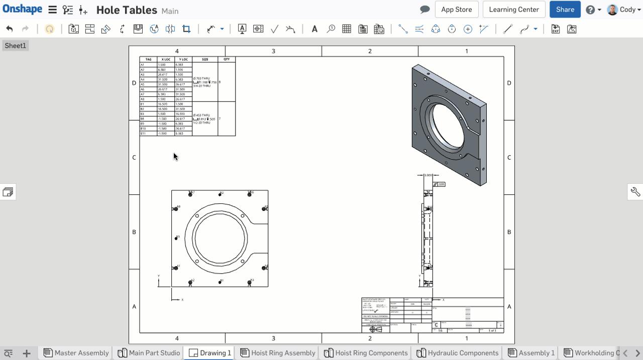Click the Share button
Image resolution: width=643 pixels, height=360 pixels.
click(565, 10)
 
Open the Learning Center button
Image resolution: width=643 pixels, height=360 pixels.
click(513, 10)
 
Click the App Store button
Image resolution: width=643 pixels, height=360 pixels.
click(456, 10)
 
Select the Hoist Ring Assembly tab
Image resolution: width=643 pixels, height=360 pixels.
click(278, 353)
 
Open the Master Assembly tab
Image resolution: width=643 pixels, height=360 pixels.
click(76, 353)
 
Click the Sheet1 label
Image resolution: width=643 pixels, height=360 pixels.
click(15, 46)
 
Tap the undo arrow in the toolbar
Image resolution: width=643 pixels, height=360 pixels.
click(10, 29)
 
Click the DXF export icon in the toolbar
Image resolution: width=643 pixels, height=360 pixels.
click(555, 29)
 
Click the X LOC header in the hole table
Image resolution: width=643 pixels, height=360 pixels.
click(166, 59)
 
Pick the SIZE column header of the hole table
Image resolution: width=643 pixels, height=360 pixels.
click(205, 59)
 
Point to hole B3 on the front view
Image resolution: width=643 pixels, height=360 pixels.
click(176, 238)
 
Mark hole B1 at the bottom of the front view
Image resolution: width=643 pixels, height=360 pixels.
click(220, 282)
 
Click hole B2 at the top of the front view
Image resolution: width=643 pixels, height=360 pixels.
click(220, 194)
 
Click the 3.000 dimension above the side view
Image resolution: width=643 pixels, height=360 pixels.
click(428, 175)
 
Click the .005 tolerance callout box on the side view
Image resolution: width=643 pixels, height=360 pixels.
click(441, 184)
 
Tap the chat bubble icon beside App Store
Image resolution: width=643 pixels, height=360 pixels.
click(424, 10)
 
